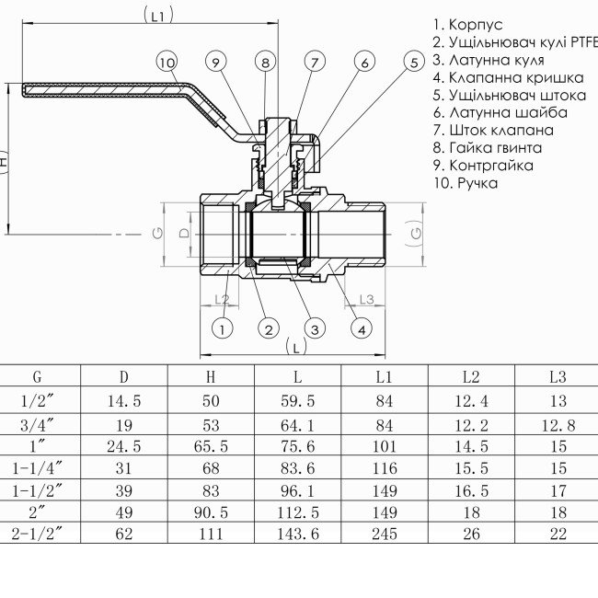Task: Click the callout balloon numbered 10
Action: tap(166, 63)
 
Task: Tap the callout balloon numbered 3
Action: tap(315, 328)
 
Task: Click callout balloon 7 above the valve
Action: tap(315, 63)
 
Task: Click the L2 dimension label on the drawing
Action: tap(221, 300)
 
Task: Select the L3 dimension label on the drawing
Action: tap(365, 299)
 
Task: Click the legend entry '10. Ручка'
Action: tap(465, 182)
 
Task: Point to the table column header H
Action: tap(211, 376)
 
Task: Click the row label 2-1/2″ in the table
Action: tap(38, 533)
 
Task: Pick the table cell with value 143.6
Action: tap(297, 533)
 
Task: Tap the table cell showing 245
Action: tap(384, 533)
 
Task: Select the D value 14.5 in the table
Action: tap(124, 401)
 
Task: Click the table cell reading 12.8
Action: tap(557, 425)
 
